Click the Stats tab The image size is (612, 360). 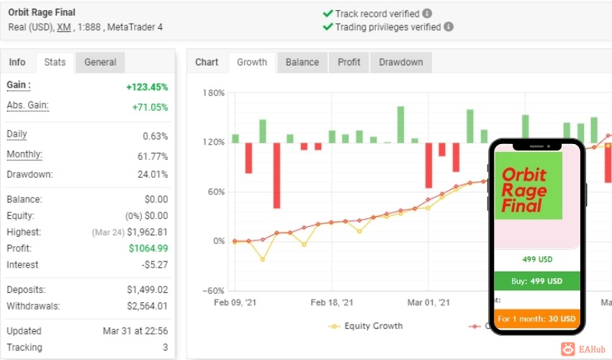click(55, 63)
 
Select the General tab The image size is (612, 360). click(100, 63)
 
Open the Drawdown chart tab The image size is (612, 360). click(401, 63)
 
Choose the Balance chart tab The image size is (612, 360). click(302, 63)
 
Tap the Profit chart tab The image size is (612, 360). click(349, 63)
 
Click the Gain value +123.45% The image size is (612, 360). click(147, 87)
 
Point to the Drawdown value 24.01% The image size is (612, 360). click(153, 174)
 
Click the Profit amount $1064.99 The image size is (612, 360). click(148, 248)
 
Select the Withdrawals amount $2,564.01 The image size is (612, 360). click(147, 306)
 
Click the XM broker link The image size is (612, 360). click(64, 27)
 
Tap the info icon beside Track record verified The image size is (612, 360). click(428, 14)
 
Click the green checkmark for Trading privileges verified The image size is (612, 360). click(328, 27)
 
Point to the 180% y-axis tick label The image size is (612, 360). click(214, 93)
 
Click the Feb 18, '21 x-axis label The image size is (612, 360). click(332, 302)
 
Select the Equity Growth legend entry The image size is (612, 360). click(366, 326)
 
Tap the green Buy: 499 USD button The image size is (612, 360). click(537, 281)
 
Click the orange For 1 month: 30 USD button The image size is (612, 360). click(536, 319)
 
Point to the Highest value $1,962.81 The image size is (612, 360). click(147, 233)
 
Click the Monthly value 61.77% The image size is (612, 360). click(153, 156)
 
